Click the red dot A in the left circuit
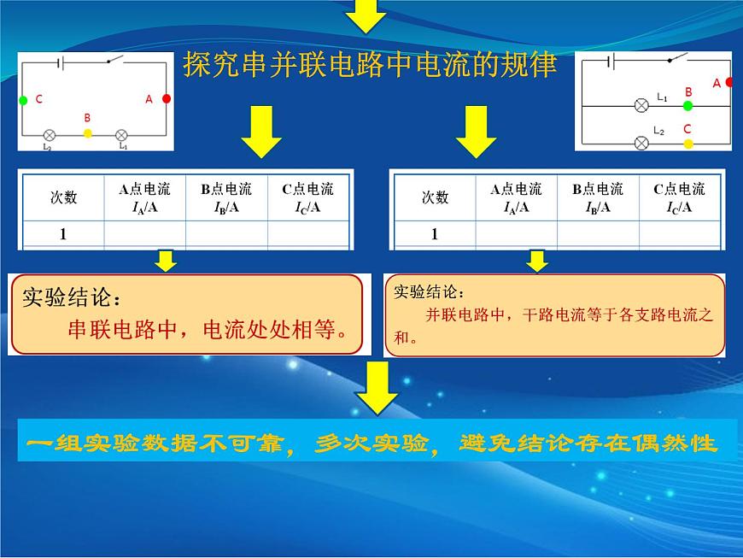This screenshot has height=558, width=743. (167, 98)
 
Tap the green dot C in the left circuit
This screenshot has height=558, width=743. (23, 100)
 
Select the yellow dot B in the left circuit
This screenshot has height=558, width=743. (88, 133)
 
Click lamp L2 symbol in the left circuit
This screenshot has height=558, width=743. (50, 135)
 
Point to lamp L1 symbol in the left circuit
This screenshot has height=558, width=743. (122, 135)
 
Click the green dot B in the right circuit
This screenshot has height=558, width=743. (688, 106)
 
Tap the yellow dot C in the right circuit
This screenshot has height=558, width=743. (688, 144)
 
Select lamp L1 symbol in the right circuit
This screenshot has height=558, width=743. (641, 105)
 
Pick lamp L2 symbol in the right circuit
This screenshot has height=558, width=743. (641, 143)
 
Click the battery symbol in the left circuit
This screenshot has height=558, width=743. (60, 62)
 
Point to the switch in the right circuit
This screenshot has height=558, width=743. (677, 58)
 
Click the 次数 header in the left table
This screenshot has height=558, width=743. (63, 197)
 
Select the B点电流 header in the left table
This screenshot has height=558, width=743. (226, 189)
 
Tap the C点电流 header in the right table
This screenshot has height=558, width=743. (680, 189)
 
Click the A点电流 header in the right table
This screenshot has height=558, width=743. (516, 189)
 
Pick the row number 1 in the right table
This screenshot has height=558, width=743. (435, 234)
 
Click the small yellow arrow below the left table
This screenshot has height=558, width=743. (166, 261)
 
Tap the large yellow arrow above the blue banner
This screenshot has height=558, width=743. (377, 389)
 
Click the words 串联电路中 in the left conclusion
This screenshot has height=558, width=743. (123, 329)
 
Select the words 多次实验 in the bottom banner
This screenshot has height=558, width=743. (371, 443)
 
